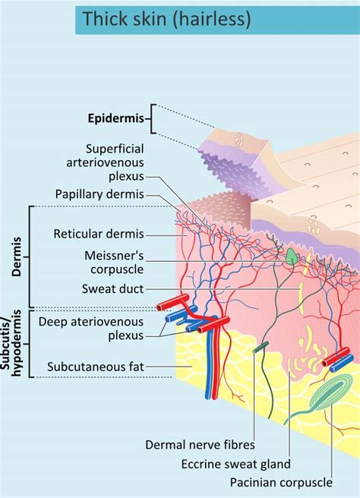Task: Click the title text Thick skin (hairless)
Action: coord(166,19)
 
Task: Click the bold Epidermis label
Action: coord(116,118)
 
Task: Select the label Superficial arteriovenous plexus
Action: coord(105,162)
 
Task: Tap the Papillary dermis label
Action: coord(99,194)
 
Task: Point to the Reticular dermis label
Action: coord(99,234)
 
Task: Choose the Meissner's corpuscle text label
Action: coord(114,263)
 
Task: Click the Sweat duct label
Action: coord(113,289)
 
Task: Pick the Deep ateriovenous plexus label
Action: coord(91,329)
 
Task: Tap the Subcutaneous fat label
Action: coord(96,367)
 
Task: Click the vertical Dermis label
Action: coord(16,257)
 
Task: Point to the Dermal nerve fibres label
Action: coord(200,445)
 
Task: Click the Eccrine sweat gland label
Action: coord(236,464)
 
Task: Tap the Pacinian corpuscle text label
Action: coord(281,483)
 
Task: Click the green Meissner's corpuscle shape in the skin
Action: coord(291,257)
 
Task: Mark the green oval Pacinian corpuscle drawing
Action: coord(328,392)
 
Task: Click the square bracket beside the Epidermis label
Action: coord(153,118)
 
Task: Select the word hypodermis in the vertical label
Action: coord(17,343)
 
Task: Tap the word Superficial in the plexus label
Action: coord(115,149)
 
